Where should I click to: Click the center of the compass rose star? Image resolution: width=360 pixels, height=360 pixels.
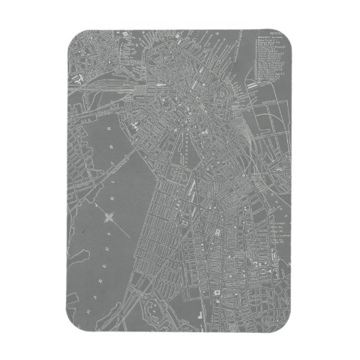pos(109,217)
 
